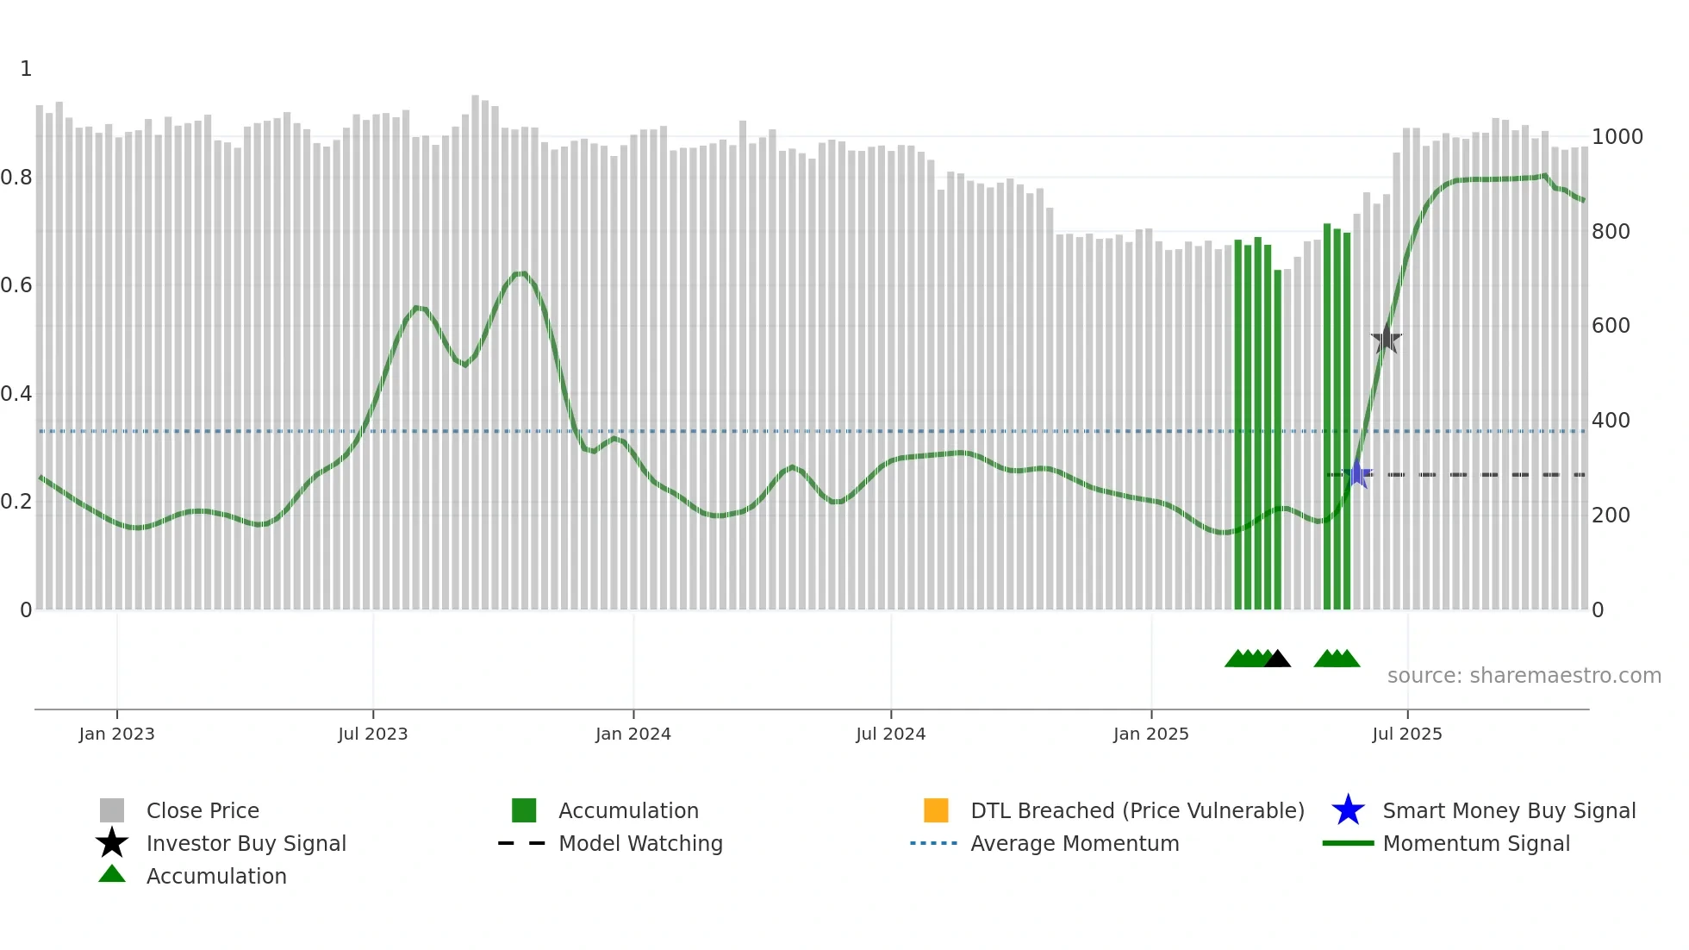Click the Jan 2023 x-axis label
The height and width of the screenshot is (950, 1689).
(x=116, y=734)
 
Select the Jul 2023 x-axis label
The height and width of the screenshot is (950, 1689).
(x=372, y=734)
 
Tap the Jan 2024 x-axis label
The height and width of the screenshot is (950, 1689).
(x=633, y=734)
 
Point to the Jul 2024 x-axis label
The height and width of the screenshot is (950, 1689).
(x=890, y=734)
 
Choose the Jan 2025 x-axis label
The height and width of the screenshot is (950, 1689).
(x=1150, y=734)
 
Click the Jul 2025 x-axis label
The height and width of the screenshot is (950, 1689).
(x=1406, y=734)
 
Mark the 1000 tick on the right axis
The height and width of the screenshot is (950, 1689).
(x=1617, y=137)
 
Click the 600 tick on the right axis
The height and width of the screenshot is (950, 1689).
(x=1611, y=326)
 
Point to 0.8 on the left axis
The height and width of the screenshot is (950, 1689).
(x=16, y=178)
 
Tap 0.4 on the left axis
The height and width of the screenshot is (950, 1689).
(x=16, y=394)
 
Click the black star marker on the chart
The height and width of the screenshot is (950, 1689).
(x=1387, y=339)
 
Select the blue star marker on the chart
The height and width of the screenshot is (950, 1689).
(x=1357, y=474)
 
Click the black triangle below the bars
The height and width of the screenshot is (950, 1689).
(x=1277, y=659)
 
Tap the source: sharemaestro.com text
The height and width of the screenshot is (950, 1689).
(x=1524, y=676)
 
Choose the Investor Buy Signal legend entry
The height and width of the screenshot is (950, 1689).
(x=246, y=843)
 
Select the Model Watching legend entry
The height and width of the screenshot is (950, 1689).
(x=639, y=843)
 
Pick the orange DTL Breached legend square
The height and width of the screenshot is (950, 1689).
(x=936, y=810)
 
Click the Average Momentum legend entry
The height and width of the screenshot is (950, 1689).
(x=1074, y=843)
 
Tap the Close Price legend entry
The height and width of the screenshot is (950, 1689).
(x=202, y=810)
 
